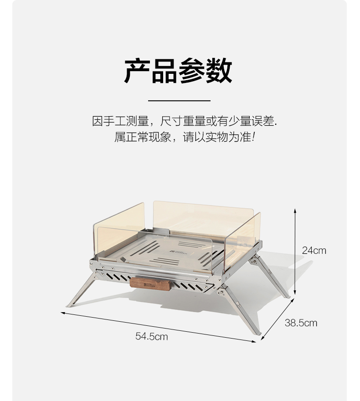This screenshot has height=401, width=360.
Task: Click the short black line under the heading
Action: (179, 100)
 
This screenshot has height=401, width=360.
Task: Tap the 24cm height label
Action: (314, 250)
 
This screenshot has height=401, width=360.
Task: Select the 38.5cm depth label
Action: (301, 323)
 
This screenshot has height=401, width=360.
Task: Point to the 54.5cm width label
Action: (151, 337)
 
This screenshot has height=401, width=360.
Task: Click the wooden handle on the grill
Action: (150, 283)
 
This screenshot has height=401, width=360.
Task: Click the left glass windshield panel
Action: (118, 230)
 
